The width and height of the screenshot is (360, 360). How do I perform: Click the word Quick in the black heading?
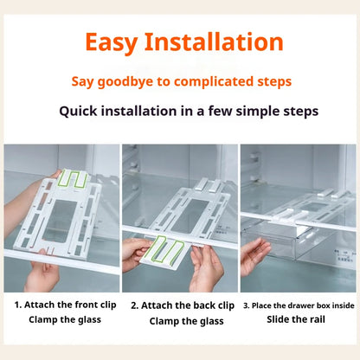(x=80, y=111)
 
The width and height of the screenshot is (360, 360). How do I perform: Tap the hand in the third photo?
(x=256, y=256)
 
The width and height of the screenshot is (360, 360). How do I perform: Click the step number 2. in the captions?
(x=135, y=305)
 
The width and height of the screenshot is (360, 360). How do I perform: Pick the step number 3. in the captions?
(x=246, y=305)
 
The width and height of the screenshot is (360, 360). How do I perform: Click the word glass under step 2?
(x=211, y=321)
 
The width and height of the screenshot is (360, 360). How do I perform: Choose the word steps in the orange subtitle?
(x=270, y=82)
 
